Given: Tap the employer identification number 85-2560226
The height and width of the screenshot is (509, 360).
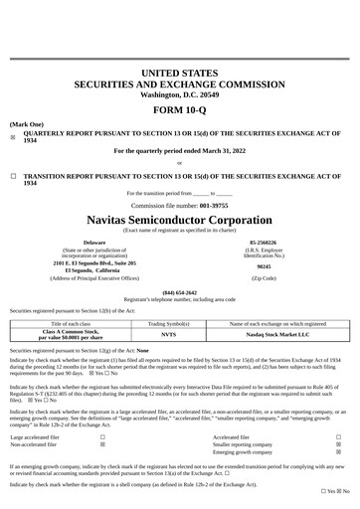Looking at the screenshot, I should tap(264, 242).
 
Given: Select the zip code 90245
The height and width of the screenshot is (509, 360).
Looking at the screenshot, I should tap(264, 266).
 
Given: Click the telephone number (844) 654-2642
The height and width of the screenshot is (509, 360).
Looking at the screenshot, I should tap(179, 292).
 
